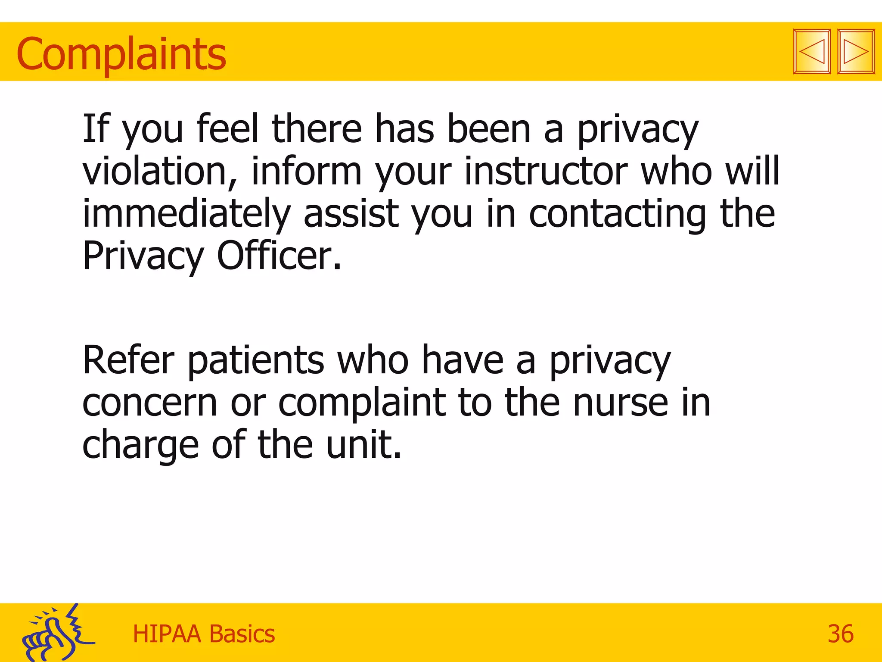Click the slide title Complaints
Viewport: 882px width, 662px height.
pos(121,54)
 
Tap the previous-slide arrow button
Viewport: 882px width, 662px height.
pos(812,52)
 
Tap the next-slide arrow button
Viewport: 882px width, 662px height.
pos(856,52)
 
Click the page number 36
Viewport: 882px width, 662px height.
pos(840,634)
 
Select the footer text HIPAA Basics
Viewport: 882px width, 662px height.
pos(204,634)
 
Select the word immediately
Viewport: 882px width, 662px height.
pos(186,214)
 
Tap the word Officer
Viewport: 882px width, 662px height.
pos(279,256)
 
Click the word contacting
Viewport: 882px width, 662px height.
pos(617,214)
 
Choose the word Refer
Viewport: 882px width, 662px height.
pos(128,360)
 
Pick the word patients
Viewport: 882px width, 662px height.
pos(256,360)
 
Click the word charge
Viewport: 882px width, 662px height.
pos(140,445)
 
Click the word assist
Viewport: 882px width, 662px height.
pos(351,214)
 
